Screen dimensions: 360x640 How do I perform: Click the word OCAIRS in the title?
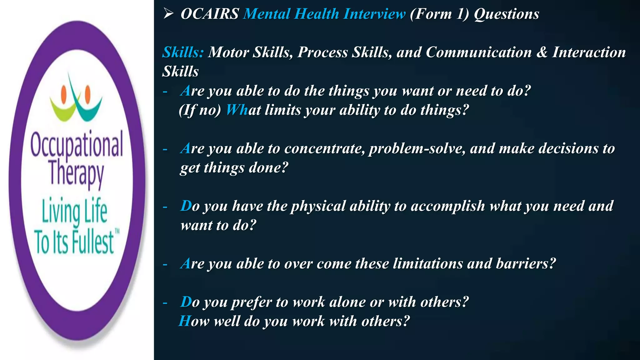click(x=210, y=14)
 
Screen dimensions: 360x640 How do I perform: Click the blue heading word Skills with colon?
click(x=183, y=52)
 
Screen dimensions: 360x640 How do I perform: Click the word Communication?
click(x=478, y=52)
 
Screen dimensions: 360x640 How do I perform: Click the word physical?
click(x=318, y=206)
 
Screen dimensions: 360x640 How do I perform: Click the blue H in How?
click(x=184, y=321)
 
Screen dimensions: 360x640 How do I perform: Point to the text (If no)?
click(x=200, y=110)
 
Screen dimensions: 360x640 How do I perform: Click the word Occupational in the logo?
click(x=77, y=145)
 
